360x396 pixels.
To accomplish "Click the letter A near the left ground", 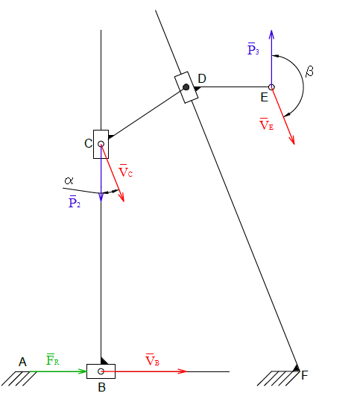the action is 22,362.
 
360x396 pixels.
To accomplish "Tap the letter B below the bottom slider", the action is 101,387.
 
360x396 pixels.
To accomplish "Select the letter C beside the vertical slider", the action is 89,143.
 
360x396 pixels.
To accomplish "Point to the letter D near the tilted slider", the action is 202,78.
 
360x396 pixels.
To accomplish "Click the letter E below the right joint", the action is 264,97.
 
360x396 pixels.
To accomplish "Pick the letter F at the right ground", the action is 305,375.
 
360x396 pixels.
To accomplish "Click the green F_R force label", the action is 52,359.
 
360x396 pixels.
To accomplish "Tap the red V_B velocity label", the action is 152,360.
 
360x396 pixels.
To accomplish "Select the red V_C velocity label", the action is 125,171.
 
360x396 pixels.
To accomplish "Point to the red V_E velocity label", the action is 266,124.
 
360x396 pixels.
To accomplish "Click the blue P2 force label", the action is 75,201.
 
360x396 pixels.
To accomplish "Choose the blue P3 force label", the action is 253,48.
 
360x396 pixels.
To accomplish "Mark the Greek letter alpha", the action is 69,180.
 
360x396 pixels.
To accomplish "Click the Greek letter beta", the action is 309,72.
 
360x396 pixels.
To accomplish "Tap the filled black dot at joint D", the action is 186,87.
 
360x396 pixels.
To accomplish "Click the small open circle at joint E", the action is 271,87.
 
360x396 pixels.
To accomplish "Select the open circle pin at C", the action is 101,144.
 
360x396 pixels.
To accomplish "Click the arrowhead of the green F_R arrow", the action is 83,371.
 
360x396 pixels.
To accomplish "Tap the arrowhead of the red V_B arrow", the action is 183,371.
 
